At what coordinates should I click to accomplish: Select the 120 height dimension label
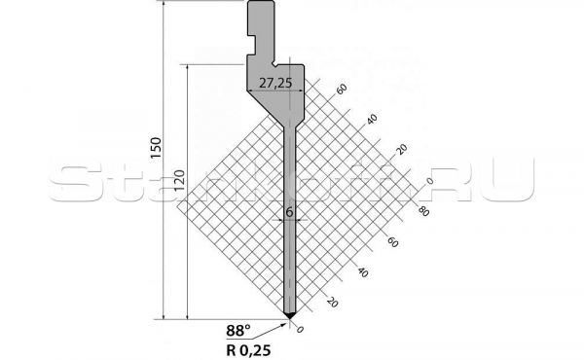pos(178,180)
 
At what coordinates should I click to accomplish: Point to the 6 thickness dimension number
pos(289,210)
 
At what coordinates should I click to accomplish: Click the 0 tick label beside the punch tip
pos(300,331)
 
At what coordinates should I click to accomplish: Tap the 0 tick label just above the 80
pos(428,182)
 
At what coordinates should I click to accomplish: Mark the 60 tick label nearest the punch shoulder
pos(342,89)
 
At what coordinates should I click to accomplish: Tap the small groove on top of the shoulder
pos(276,67)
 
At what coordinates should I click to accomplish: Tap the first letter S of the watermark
pos(73,181)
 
